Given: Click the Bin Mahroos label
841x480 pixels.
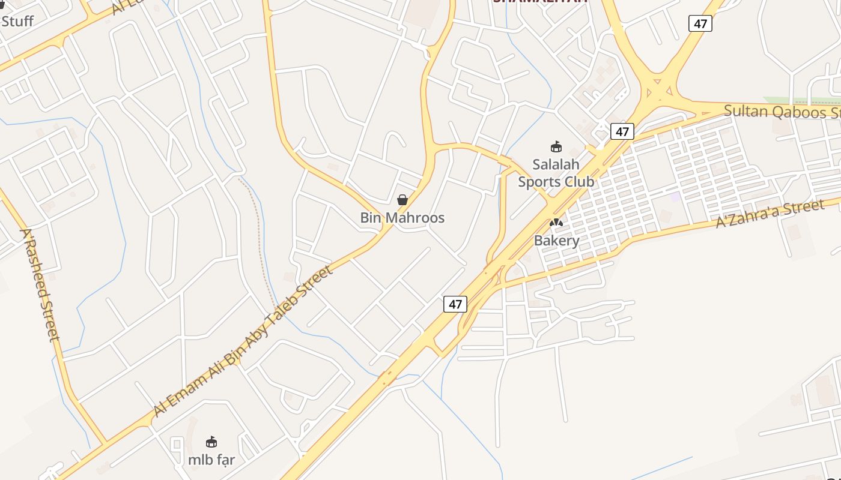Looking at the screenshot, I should click(402, 218).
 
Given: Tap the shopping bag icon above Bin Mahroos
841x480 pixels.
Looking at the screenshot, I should click(402, 200).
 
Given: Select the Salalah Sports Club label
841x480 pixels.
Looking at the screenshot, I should click(556, 173).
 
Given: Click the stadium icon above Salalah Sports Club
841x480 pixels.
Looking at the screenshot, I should click(556, 146).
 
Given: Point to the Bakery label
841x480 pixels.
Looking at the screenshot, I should click(557, 241).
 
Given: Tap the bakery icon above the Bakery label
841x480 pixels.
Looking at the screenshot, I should click(556, 223).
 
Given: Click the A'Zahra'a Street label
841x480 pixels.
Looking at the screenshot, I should click(770, 214).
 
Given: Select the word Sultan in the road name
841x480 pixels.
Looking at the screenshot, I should click(745, 111).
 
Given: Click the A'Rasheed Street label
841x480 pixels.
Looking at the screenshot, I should click(41, 284).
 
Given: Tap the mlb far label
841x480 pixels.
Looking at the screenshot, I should click(211, 460).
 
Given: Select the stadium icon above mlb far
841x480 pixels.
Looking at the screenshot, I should click(211, 442).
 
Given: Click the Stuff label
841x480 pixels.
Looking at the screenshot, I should click(17, 22).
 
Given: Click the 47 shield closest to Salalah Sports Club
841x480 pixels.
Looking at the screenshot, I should click(622, 131).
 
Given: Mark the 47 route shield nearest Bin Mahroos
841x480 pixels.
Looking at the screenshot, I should click(455, 304).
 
